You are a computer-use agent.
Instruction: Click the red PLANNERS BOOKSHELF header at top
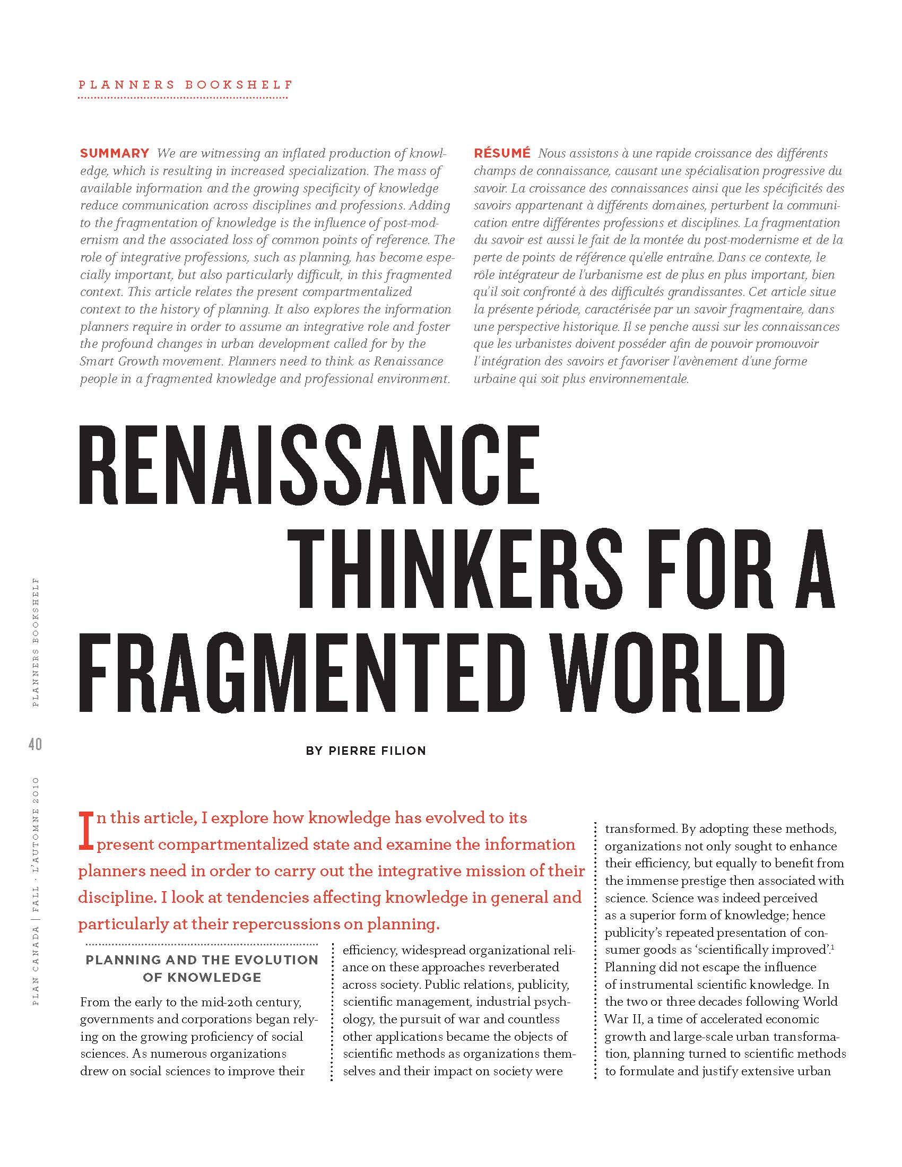(x=186, y=85)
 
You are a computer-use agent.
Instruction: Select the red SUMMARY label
(x=115, y=153)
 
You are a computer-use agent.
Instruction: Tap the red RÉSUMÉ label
(x=502, y=153)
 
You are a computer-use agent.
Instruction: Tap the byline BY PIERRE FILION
(x=366, y=751)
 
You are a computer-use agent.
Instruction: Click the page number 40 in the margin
(x=35, y=744)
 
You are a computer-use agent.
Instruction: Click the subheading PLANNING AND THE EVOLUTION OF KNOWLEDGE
(x=202, y=968)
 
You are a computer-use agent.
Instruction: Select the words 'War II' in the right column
(x=622, y=1019)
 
